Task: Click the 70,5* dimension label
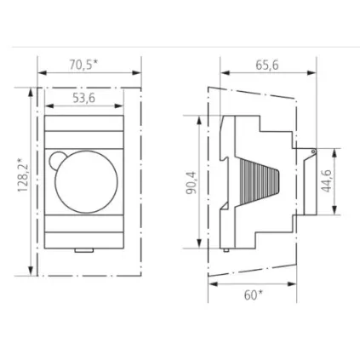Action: coord(83,64)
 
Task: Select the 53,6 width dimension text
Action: coord(83,98)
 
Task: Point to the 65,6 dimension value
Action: coord(267,64)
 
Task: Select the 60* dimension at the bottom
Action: coord(253,294)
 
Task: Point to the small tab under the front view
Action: coord(83,249)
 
